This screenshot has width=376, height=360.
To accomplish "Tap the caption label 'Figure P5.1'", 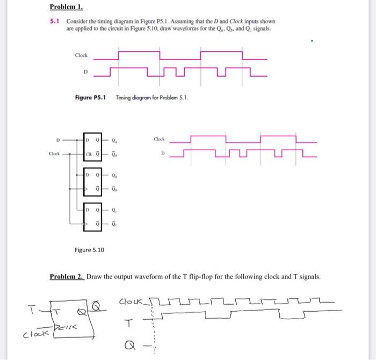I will pyautogui.click(x=90, y=97).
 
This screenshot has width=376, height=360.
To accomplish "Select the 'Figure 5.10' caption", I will pyautogui.click(x=90, y=250).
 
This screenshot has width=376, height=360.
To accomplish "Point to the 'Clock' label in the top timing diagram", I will pyautogui.click(x=82, y=55).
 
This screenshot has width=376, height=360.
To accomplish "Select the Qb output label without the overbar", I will pyautogui.click(x=114, y=175).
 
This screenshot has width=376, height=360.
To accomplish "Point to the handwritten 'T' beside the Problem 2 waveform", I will pyautogui.click(x=127, y=322).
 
